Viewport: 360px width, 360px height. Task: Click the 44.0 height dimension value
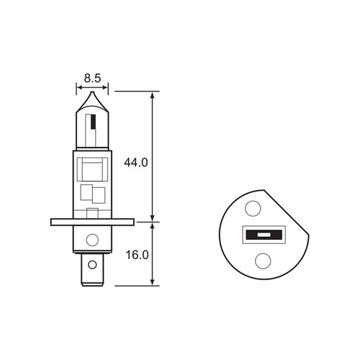pos(137,163)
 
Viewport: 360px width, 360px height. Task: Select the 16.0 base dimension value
pos(137,255)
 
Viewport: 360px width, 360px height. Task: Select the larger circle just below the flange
pos(91,240)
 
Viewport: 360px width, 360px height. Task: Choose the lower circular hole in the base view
pos(263,261)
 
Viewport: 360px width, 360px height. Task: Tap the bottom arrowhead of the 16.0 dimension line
pos(153,282)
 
